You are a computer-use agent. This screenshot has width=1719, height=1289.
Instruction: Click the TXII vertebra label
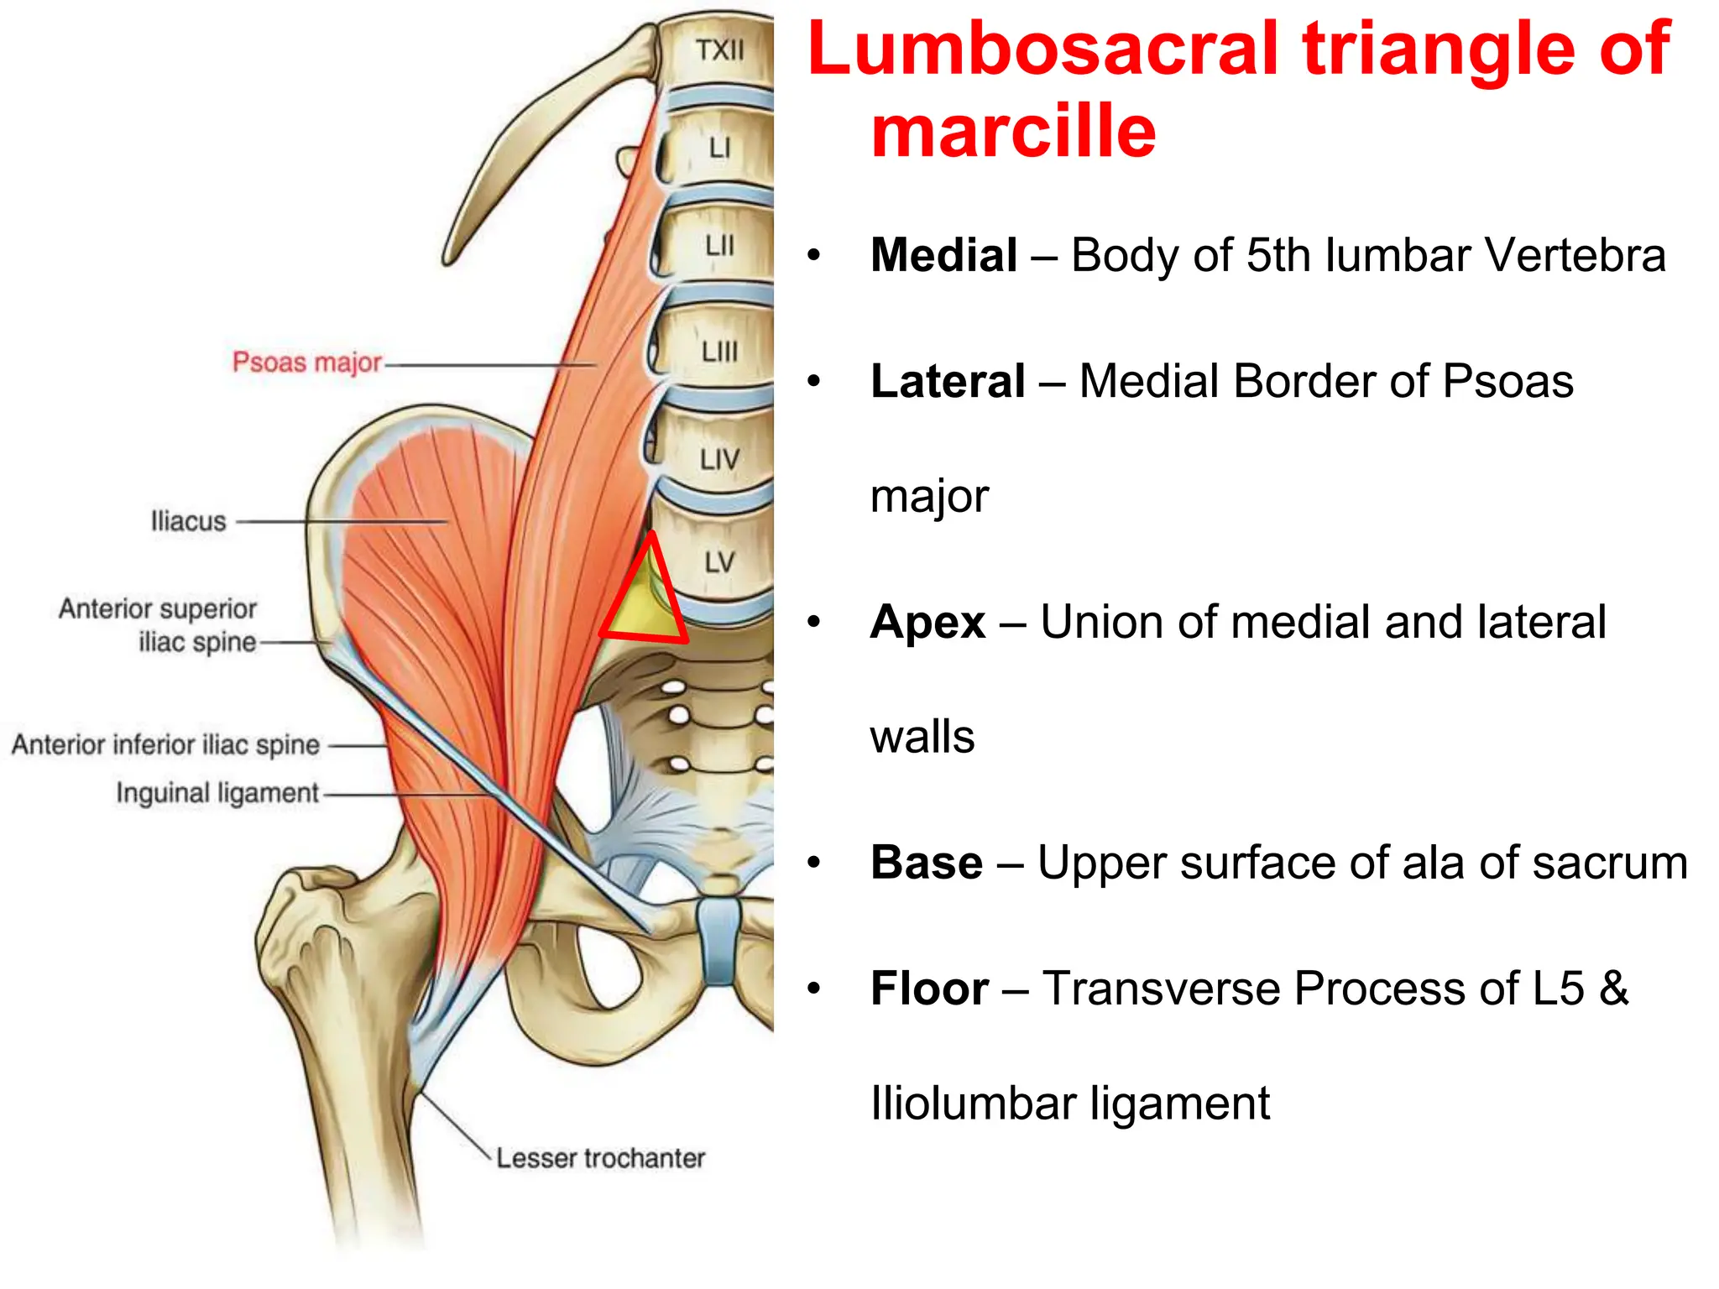[719, 50]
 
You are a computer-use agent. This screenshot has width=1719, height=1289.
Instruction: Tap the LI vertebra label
[719, 149]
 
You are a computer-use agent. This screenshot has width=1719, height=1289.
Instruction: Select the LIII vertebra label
[719, 352]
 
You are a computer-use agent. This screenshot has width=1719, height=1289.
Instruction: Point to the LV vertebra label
[719, 562]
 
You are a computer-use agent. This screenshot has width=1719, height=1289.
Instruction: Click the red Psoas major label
[306, 363]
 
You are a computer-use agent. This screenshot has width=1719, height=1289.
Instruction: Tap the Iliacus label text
[188, 521]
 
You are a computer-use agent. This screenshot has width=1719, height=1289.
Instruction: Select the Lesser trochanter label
[600, 1158]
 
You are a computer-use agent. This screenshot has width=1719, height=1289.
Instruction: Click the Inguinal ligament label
[217, 793]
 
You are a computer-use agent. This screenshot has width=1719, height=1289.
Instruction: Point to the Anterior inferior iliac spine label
[165, 744]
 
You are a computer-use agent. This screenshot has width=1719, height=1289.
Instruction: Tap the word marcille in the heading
[1014, 131]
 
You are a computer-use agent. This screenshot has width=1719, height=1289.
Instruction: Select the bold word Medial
[943, 255]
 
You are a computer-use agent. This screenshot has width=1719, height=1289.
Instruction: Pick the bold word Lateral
[948, 381]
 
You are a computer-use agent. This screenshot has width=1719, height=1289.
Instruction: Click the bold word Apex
[927, 622]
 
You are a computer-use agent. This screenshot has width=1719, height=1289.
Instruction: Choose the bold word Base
[927, 863]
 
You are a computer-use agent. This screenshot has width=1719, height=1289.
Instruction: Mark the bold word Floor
[929, 988]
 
